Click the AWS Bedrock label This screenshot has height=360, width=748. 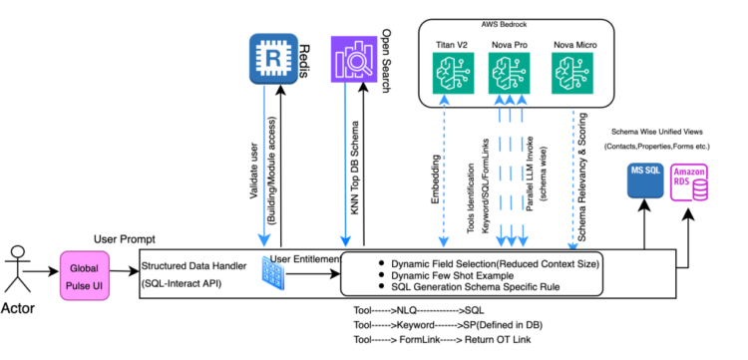[510, 22]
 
